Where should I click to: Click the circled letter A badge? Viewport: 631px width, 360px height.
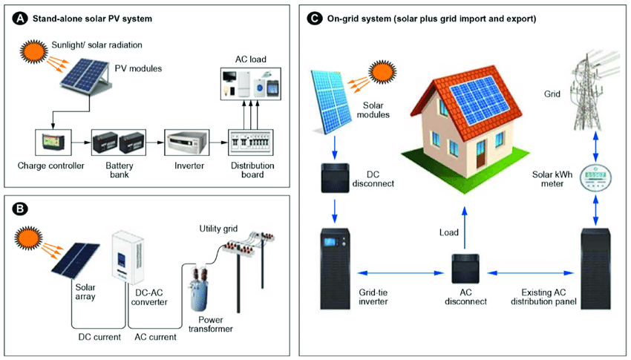point(20,19)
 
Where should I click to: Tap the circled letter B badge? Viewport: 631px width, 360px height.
point(20,209)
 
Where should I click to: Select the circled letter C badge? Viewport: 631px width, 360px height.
point(315,19)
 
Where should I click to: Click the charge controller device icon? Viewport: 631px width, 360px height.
point(53,143)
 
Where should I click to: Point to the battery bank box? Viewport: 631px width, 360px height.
point(118,143)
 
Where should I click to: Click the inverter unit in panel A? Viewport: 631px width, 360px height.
point(187,143)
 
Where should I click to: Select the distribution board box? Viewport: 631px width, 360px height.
point(251,143)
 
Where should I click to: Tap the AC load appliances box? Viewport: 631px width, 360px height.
point(251,84)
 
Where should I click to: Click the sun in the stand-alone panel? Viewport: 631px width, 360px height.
point(34,50)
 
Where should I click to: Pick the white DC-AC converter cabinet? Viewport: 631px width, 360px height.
point(127,258)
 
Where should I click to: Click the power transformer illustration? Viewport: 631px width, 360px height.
point(200,288)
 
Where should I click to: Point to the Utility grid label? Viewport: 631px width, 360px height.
point(218,229)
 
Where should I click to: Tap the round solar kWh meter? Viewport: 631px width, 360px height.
point(595,177)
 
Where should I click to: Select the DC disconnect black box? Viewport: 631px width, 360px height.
point(335,178)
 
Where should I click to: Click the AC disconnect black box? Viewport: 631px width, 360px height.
point(465,268)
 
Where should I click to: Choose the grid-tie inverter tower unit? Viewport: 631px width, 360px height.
point(335,269)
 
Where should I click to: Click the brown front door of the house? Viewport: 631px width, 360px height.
point(481,155)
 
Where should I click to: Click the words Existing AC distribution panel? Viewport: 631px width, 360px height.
point(543,297)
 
